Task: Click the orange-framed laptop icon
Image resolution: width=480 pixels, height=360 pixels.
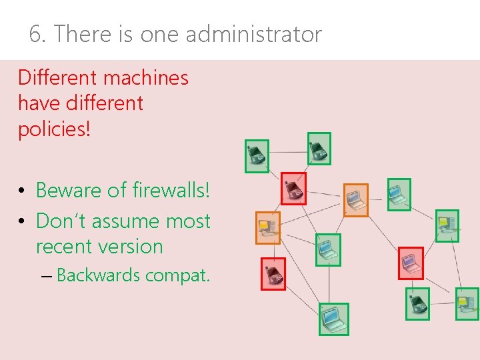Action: (355, 200)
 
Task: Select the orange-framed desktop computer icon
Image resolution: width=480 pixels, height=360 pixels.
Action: (268, 228)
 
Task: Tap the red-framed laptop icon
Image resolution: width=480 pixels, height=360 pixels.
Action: (411, 263)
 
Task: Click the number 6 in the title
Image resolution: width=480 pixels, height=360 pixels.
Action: (36, 34)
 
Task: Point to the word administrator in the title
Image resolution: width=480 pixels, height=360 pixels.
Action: (253, 34)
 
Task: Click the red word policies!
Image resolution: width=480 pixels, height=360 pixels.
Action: (53, 129)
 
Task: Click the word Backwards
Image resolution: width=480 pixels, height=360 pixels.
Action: (99, 275)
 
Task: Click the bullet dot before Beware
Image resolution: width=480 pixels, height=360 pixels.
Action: (22, 191)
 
